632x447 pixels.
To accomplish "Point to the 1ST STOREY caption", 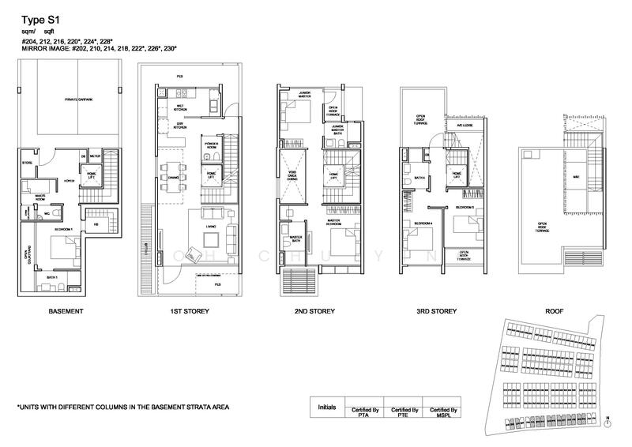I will [190, 312].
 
